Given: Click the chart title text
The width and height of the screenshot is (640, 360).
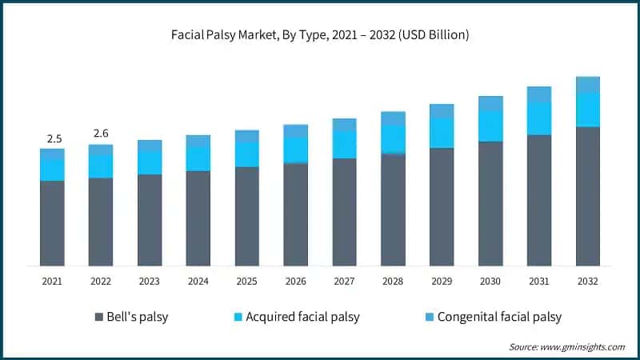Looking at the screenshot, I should [x=320, y=35].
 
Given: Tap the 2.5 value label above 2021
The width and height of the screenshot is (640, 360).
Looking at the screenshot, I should [x=54, y=138].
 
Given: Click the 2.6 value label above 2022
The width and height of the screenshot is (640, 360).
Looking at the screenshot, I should [x=101, y=133].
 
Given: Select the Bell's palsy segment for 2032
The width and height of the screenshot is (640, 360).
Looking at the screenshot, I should [x=588, y=196].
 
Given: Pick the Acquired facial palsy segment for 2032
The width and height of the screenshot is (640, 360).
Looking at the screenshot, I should [x=588, y=110].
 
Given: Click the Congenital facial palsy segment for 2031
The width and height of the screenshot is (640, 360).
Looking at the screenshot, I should [x=539, y=94].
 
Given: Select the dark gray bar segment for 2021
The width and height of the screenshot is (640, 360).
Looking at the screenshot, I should [x=52, y=223].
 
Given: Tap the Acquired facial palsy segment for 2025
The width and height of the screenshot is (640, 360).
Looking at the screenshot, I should [x=247, y=154].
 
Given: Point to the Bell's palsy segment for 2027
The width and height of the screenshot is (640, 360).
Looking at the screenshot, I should [x=345, y=212].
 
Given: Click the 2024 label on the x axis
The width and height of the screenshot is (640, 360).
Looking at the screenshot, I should [x=198, y=281].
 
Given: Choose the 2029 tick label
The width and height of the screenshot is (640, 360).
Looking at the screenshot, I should [x=442, y=281].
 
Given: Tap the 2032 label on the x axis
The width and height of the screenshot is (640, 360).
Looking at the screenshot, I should [x=588, y=281].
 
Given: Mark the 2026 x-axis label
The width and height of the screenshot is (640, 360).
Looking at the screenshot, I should [x=296, y=281].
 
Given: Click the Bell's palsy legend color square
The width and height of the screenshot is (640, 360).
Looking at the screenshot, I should [x=98, y=317].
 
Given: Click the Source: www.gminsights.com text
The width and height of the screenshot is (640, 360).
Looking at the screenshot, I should [x=566, y=346].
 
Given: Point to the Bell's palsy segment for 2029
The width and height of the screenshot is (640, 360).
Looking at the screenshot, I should [x=442, y=206].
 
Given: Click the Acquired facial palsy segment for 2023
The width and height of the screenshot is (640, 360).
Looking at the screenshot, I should [x=150, y=163].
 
